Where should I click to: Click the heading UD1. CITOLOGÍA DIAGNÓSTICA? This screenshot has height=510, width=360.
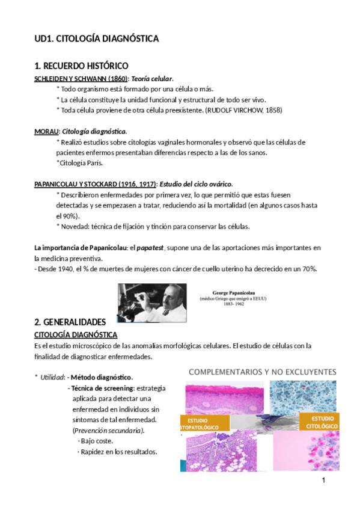[x=96, y=38]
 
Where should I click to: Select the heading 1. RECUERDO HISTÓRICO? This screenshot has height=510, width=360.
[x=81, y=66]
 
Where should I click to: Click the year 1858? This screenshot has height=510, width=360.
[x=271, y=110]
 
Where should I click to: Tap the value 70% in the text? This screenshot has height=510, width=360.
[x=310, y=268]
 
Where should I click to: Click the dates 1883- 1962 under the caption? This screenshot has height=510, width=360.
[x=232, y=304]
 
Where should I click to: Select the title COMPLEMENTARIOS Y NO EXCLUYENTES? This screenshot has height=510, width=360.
[x=263, y=372]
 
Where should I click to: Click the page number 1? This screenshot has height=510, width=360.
[x=323, y=481]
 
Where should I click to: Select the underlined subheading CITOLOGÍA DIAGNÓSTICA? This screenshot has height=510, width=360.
[x=76, y=334]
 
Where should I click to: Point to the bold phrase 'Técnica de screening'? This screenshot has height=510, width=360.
[x=103, y=388]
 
